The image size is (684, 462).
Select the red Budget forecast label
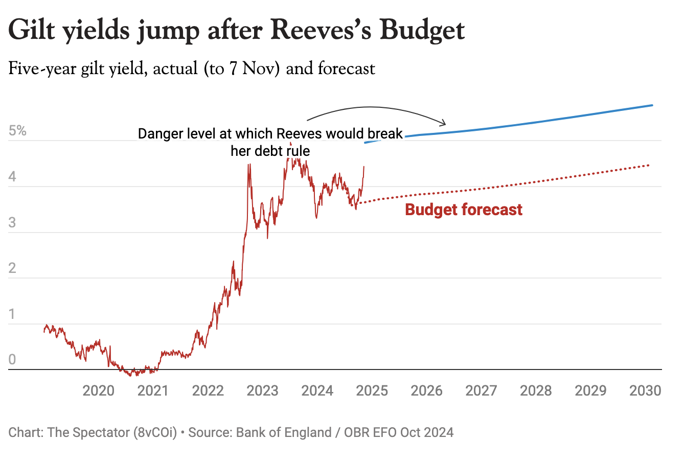click(464, 210)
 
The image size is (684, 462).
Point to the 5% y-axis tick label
click(17, 131)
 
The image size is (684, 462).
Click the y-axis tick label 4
click(12, 177)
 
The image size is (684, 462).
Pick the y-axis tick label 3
click(12, 223)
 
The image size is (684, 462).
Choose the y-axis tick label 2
click(12, 268)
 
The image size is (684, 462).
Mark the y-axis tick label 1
click(12, 314)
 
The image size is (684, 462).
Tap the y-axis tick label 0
click(12, 359)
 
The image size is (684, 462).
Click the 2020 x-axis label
click(98, 391)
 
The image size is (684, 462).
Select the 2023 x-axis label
click(262, 391)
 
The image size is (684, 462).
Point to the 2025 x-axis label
click(372, 391)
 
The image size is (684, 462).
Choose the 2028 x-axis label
click(536, 391)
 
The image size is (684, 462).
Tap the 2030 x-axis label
click(645, 391)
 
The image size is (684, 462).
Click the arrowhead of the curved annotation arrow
click(443, 123)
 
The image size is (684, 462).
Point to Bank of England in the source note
click(284, 433)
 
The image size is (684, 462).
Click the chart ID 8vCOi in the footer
click(155, 433)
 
